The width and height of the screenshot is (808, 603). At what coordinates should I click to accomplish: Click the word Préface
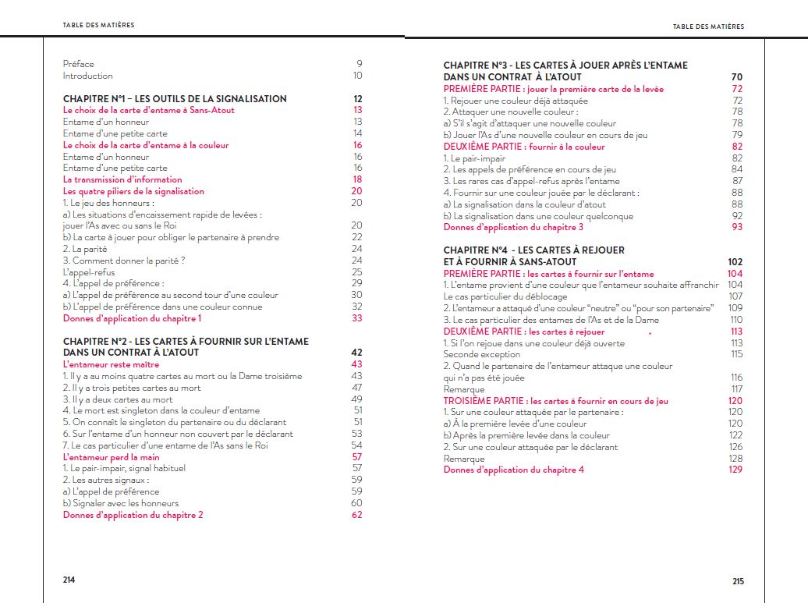78,64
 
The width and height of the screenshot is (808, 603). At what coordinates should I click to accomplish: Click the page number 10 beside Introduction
357,76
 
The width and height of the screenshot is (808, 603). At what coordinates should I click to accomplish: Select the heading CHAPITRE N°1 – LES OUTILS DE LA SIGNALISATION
174,99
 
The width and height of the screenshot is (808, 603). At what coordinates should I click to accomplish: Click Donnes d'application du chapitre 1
132,318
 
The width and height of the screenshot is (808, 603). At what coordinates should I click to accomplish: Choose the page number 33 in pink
357,318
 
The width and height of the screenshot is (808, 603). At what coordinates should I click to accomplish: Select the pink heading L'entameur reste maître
111,364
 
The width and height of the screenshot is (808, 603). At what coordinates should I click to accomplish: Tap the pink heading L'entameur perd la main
111,456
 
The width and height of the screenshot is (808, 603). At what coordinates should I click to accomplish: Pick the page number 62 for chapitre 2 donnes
357,515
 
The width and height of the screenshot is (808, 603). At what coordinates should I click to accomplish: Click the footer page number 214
69,580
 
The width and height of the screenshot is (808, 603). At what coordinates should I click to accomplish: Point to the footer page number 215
739,581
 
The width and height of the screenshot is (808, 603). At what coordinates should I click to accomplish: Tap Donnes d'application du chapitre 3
513,227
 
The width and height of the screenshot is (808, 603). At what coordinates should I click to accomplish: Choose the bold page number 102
735,262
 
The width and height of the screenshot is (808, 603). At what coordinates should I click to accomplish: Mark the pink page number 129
735,470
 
